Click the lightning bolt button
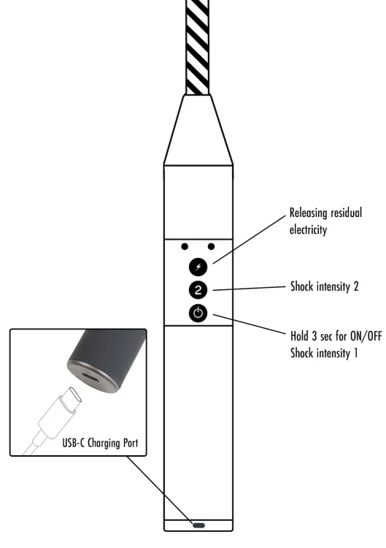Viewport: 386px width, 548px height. click(198, 267)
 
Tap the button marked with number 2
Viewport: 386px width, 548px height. click(198, 290)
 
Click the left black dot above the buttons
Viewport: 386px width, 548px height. click(185, 247)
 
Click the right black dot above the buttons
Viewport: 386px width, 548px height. click(211, 247)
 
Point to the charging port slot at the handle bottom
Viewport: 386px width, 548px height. click(198, 525)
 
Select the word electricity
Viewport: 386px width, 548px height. click(308, 230)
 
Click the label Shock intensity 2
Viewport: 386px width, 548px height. click(325, 286)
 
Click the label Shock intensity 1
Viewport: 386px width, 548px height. click(324, 353)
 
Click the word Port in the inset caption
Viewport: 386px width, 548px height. click(131, 443)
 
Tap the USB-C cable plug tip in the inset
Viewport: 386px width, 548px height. click(74, 395)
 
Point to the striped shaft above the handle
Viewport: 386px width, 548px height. click(198, 47)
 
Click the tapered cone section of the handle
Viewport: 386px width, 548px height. click(198, 129)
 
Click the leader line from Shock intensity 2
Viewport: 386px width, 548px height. click(250, 289)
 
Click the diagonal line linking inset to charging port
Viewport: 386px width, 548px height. click(159, 490)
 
